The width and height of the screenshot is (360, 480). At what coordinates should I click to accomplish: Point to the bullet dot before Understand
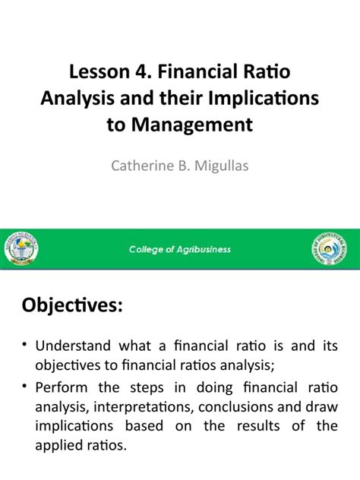(x=24, y=346)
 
